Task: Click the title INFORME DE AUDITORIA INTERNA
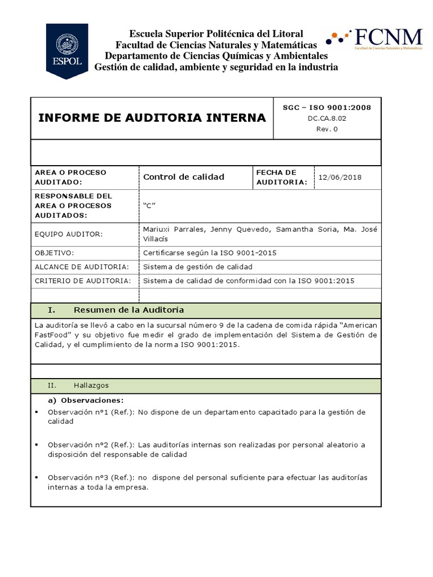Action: (152, 118)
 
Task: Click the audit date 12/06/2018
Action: (340, 177)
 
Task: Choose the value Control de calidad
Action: (184, 177)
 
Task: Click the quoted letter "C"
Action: (149, 206)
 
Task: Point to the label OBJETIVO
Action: (54, 253)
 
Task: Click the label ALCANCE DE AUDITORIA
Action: (82, 267)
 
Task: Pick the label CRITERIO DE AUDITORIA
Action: (83, 281)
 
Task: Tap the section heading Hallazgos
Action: (91, 385)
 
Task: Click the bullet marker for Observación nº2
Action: (36, 445)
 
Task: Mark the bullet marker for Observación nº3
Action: (36, 477)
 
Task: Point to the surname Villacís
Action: (158, 239)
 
